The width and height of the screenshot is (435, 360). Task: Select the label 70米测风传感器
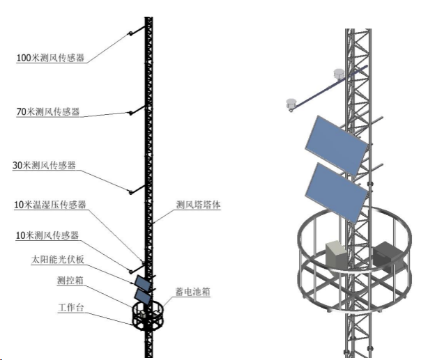(x=47, y=111)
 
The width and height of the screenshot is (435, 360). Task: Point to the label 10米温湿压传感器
(x=50, y=205)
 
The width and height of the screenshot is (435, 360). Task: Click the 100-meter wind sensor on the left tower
(x=130, y=34)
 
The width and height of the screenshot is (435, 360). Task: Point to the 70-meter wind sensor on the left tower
(x=130, y=112)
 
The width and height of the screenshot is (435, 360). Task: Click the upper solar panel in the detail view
(x=336, y=143)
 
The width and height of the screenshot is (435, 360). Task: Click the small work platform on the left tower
(x=146, y=315)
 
